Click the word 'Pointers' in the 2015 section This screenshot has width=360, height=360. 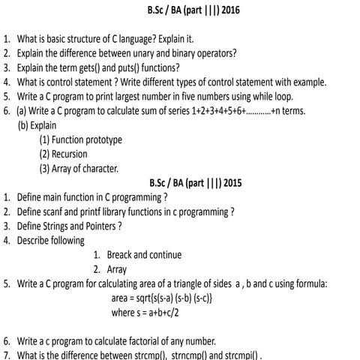pyautogui.click(x=100, y=226)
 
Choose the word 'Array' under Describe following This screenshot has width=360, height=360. pyautogui.click(x=117, y=269)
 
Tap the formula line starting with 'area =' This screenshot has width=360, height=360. pyautogui.click(x=162, y=298)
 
